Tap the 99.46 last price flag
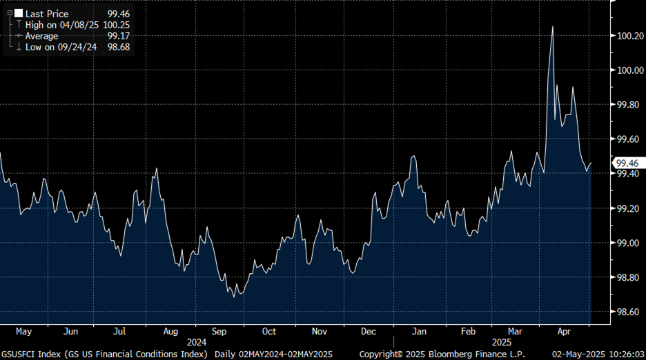pyautogui.click(x=627, y=163)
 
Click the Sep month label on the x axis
pyautogui.click(x=219, y=331)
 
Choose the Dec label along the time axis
pyautogui.click(x=369, y=331)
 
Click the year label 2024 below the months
pyautogui.click(x=197, y=342)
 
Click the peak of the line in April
pyautogui.click(x=552, y=26)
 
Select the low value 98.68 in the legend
pyautogui.click(x=117, y=47)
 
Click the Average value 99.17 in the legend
pyautogui.click(x=117, y=36)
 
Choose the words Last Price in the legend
pyautogui.click(x=46, y=13)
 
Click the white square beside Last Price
pyautogui.click(x=19, y=13)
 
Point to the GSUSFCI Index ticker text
pyautogui.click(x=29, y=354)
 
